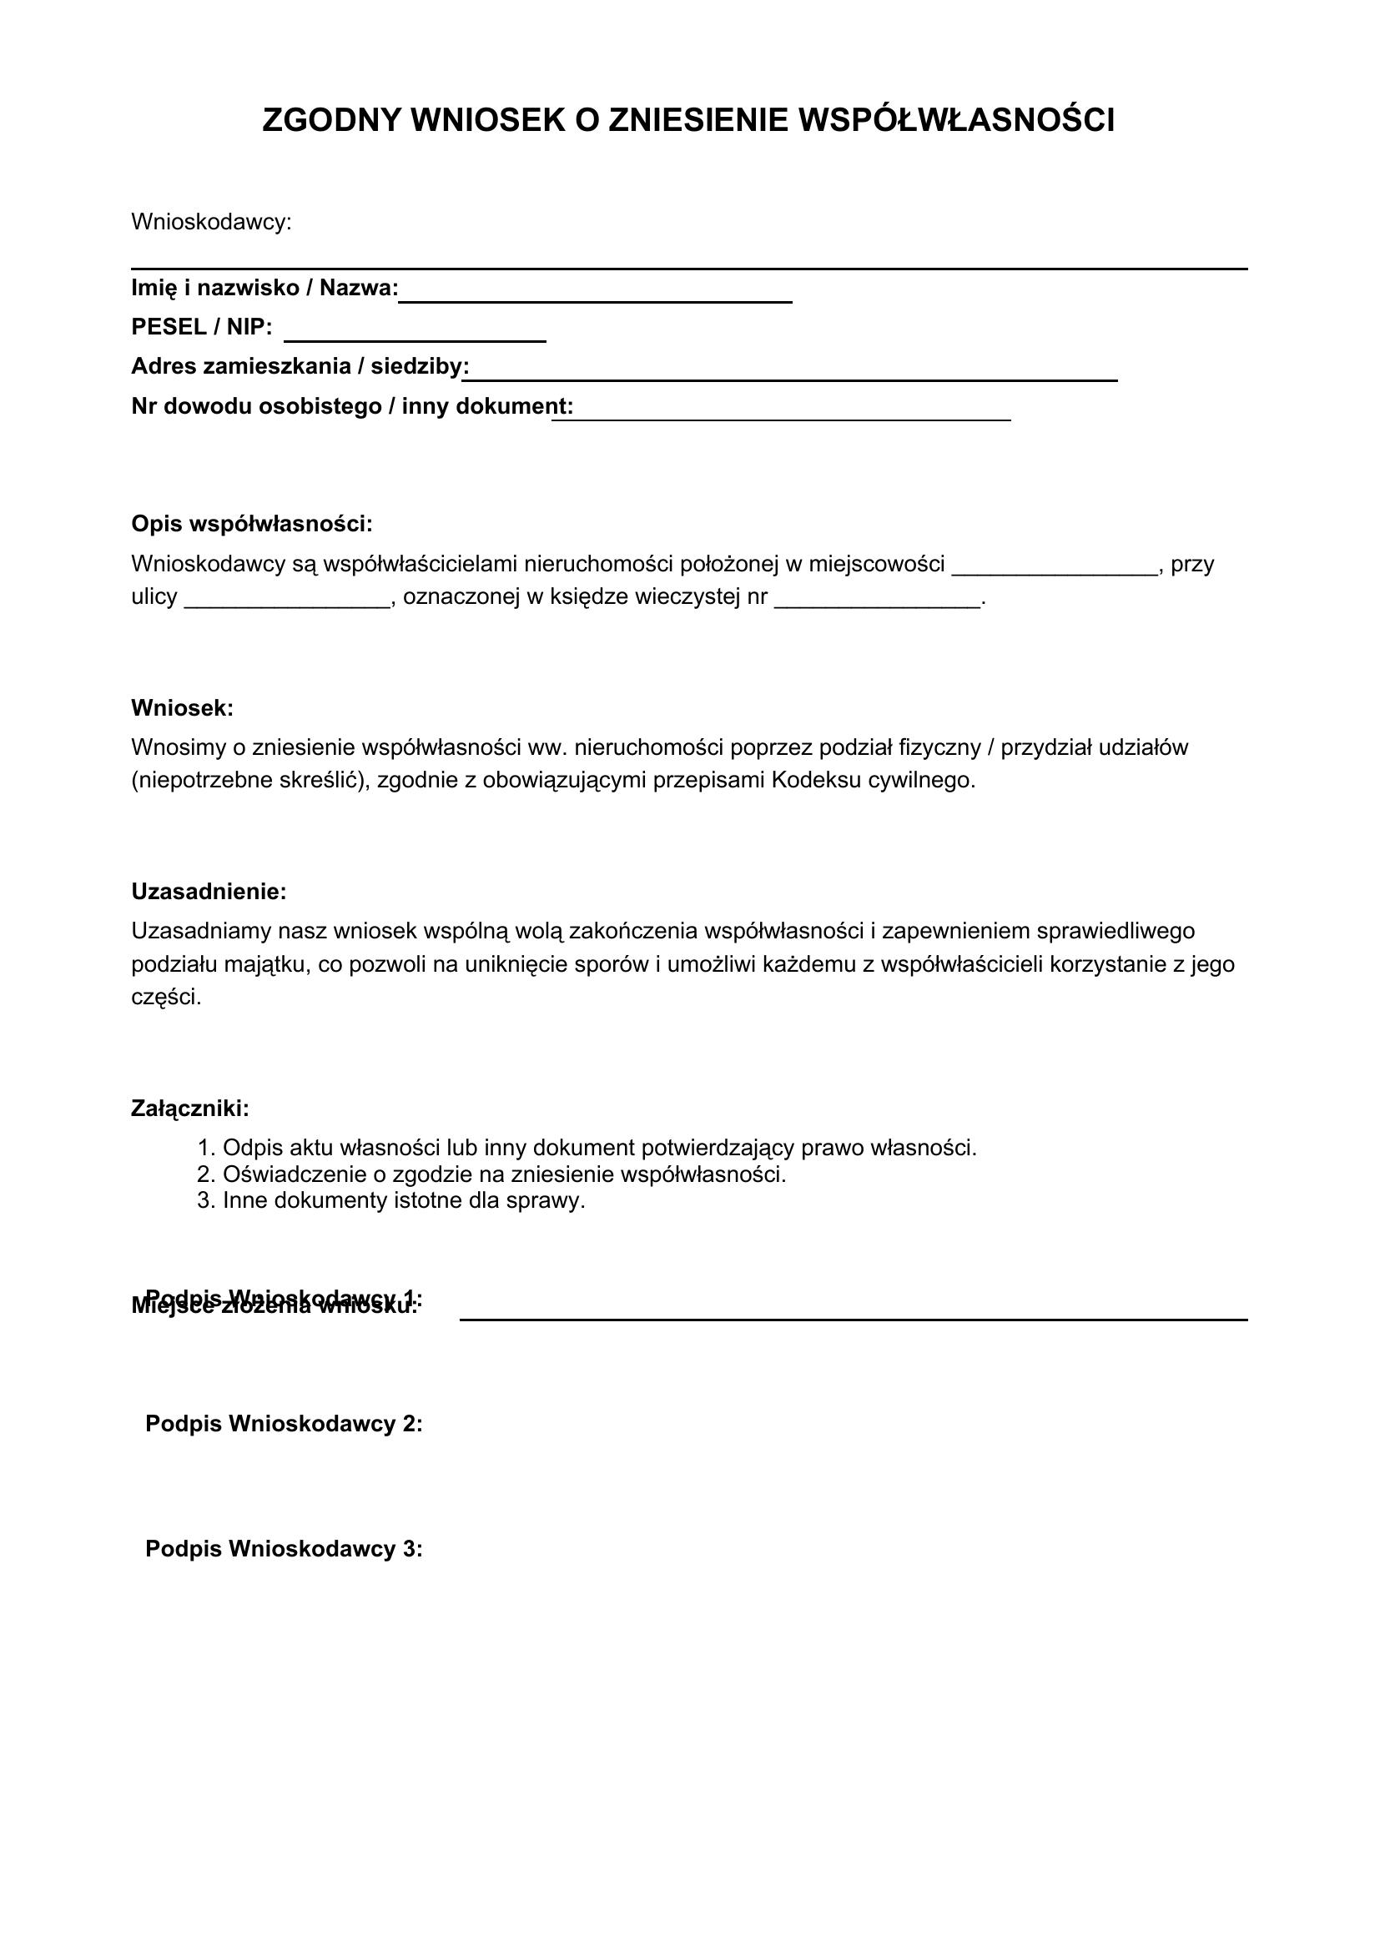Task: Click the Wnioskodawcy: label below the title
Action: pos(211,223)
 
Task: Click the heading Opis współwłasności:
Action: pos(251,525)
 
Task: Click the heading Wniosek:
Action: pos(182,708)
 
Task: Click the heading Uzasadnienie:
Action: pos(209,893)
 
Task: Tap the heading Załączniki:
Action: pos(190,1109)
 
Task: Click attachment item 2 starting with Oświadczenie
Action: pos(504,1174)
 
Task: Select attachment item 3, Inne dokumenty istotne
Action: pos(404,1200)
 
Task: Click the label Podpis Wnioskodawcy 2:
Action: pos(284,1423)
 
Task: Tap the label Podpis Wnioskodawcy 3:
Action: pos(284,1549)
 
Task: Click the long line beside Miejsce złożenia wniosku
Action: pos(854,1318)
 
